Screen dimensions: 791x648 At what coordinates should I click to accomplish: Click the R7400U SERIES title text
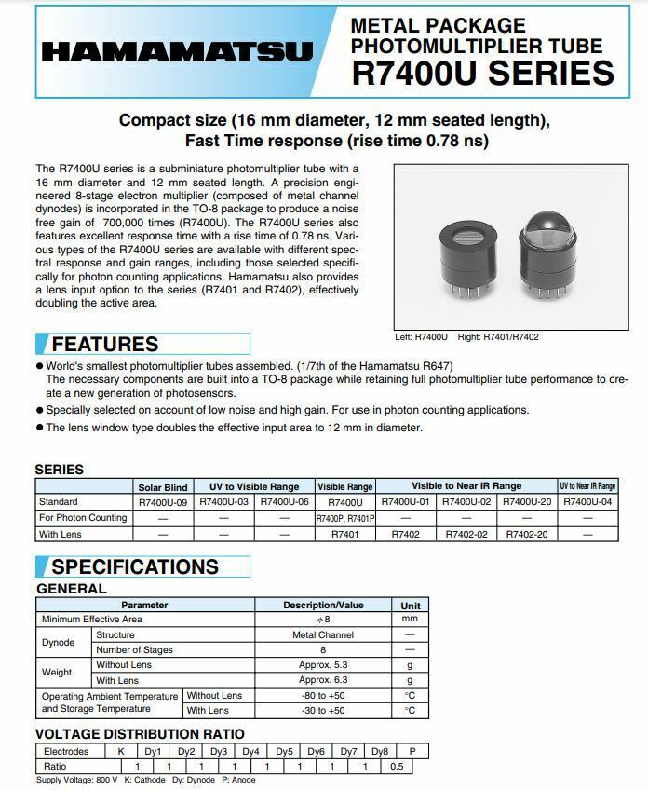click(x=482, y=73)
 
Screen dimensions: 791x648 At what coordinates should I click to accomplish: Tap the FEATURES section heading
click(x=104, y=344)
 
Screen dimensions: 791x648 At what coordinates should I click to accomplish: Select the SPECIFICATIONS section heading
click(x=134, y=566)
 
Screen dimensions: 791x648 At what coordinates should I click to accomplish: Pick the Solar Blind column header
click(x=163, y=486)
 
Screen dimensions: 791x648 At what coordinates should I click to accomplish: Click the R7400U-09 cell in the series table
click(x=163, y=502)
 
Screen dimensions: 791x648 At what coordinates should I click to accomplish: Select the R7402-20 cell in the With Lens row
click(x=527, y=535)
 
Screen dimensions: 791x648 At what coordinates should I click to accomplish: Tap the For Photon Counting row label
click(x=84, y=518)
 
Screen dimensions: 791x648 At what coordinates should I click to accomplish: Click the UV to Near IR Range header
click(x=587, y=486)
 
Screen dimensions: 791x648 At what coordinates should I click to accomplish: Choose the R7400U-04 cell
click(x=587, y=502)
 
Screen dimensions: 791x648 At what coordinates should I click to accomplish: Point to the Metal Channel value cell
click(x=323, y=634)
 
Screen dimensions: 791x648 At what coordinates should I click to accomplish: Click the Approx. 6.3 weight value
click(x=323, y=680)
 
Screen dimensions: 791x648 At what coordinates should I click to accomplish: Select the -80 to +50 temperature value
click(x=323, y=695)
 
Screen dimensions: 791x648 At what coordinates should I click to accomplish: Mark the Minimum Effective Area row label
click(x=91, y=620)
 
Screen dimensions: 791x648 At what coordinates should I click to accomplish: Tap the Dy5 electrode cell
click(x=284, y=751)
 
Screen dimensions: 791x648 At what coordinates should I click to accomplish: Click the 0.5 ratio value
click(x=396, y=766)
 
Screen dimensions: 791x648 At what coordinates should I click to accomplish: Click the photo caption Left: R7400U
click(x=422, y=337)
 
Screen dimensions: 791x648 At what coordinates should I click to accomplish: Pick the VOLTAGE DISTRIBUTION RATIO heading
click(x=140, y=734)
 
